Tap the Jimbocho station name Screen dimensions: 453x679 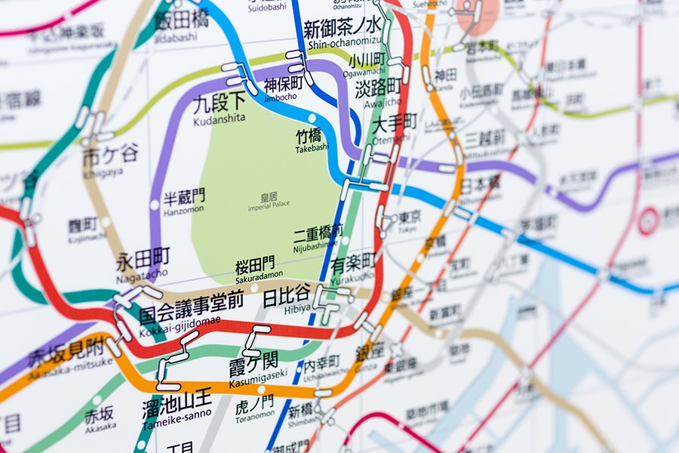pos(283,86)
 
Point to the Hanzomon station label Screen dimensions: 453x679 pos(183,202)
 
